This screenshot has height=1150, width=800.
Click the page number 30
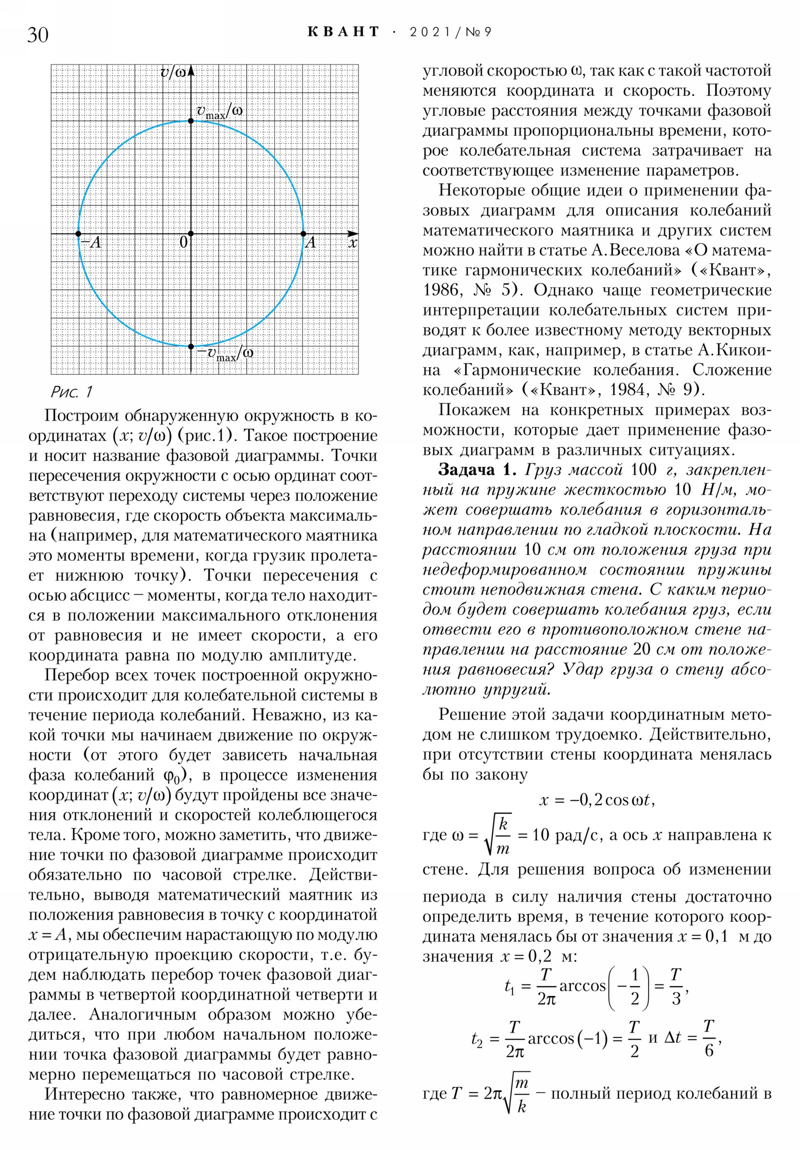38,34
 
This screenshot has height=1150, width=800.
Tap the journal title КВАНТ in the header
343,32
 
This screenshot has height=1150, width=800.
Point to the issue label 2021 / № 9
450,32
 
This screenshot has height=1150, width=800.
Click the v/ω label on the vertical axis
173,72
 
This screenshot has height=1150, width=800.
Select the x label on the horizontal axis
352,243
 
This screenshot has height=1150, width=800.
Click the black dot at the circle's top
191,120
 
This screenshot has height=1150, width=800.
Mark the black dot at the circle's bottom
191,346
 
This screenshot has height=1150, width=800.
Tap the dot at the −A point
78,233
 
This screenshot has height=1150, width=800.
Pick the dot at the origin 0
191,233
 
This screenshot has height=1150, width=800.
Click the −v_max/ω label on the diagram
225,353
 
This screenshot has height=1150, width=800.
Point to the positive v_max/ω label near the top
219,111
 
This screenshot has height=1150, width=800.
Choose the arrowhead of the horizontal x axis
353,233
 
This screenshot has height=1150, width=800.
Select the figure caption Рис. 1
71,391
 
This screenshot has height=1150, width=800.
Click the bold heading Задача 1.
476,469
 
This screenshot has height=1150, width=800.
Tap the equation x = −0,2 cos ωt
596,800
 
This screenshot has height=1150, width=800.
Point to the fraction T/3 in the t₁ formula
676,986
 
